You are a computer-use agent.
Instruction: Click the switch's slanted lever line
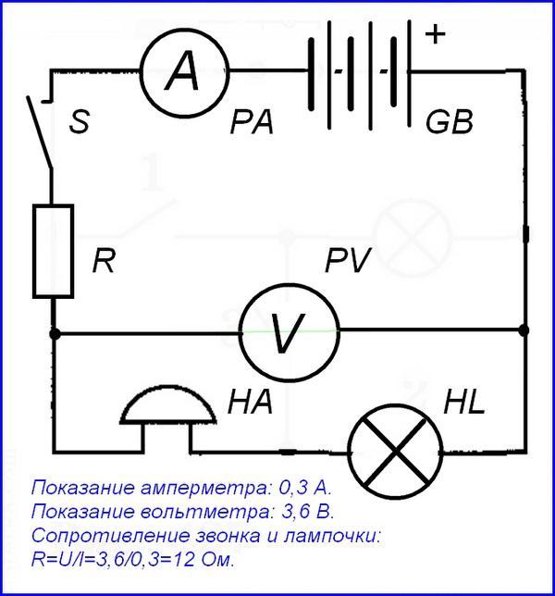click(x=39, y=132)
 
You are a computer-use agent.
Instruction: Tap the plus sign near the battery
click(x=436, y=34)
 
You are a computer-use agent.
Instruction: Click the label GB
click(x=450, y=122)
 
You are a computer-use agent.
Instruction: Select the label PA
click(x=252, y=123)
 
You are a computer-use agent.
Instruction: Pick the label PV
click(x=348, y=261)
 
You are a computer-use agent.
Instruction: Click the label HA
click(x=251, y=402)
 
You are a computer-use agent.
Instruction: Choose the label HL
click(x=464, y=402)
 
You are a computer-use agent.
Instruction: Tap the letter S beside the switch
click(x=80, y=121)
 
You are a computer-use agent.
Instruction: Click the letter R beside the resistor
click(x=104, y=261)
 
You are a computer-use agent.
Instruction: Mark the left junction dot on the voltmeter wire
click(x=55, y=334)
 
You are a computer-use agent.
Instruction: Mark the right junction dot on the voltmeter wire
click(x=524, y=330)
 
